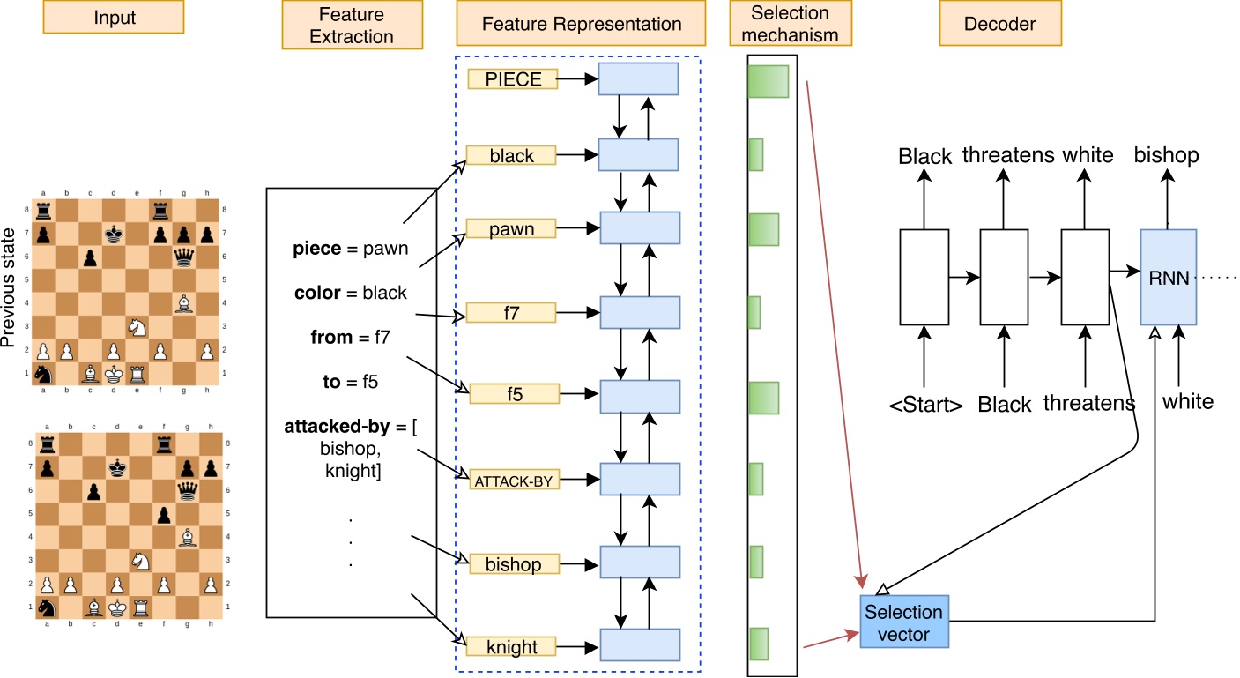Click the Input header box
114,17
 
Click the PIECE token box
513,79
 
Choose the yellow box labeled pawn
512,229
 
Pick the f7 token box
512,312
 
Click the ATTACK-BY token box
512,481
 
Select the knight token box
512,646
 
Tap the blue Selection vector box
903,622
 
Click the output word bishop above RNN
1166,156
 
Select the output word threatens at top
1007,156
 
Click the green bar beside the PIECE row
767,81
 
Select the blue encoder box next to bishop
640,563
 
